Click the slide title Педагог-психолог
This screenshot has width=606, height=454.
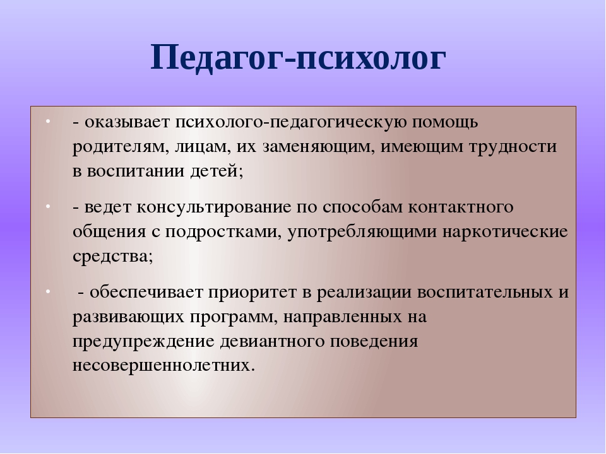tap(299, 59)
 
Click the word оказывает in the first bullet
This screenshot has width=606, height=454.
tap(127, 122)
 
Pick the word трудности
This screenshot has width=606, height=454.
tap(513, 148)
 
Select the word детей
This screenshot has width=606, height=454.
tap(217, 172)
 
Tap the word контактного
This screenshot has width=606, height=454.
tap(460, 207)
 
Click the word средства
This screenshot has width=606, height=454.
tap(112, 257)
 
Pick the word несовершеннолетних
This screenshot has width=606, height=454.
tap(164, 365)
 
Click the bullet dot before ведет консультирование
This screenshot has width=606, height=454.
tap(48, 207)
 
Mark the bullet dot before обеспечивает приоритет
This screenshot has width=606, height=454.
tap(48, 291)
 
